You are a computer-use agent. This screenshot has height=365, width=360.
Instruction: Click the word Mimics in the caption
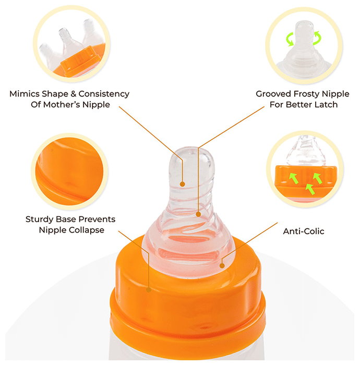click(x=25, y=94)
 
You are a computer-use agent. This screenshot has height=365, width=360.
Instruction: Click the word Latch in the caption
click(x=326, y=104)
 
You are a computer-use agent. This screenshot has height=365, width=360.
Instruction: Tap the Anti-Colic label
click(x=304, y=232)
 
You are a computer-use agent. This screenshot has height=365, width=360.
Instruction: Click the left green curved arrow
click(x=290, y=39)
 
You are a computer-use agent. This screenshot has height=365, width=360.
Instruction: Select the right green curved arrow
click(x=317, y=38)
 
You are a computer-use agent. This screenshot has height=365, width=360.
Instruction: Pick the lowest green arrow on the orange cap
click(x=310, y=189)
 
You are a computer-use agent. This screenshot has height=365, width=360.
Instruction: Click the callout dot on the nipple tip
click(x=183, y=184)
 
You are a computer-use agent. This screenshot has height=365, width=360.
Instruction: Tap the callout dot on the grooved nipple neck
click(x=198, y=214)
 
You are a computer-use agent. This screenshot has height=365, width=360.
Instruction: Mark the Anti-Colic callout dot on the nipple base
click(x=222, y=265)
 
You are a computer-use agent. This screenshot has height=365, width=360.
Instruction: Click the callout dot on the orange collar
click(x=149, y=290)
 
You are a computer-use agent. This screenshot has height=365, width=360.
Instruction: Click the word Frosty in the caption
click(x=307, y=94)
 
